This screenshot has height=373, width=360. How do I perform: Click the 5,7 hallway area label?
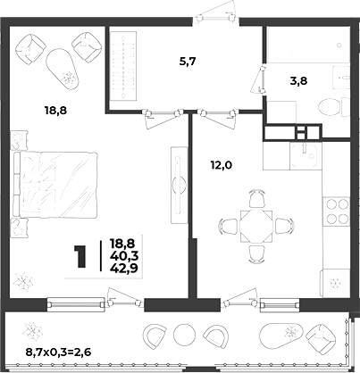pyautogui.click(x=188, y=62)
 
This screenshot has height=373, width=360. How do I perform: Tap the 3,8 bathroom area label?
pyautogui.click(x=298, y=80)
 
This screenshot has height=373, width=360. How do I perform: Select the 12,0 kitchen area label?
pyautogui.click(x=222, y=164)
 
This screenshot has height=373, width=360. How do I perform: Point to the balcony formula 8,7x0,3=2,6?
pyautogui.click(x=58, y=352)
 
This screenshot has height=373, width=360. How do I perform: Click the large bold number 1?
pyautogui.click(x=80, y=257)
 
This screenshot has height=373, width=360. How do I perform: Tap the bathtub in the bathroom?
pyautogui.click(x=308, y=45)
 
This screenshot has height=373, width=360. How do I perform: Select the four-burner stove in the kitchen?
pyautogui.click(x=337, y=211)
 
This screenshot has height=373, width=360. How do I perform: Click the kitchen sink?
pyautogui.click(x=306, y=155)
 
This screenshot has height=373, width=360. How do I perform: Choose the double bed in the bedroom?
pyautogui.click(x=55, y=185)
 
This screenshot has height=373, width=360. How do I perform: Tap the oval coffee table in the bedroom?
pyautogui.click(x=63, y=69)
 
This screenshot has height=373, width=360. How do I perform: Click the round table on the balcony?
pyautogui.click(x=184, y=335)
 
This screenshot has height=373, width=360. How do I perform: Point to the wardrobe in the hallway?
pyautogui.click(x=123, y=67)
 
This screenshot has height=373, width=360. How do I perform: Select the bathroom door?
pyautogui.click(x=260, y=79)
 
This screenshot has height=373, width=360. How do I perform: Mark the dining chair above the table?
pyautogui.click(x=256, y=199)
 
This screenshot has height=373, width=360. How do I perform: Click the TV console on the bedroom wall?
pyautogui.click(x=179, y=185)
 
